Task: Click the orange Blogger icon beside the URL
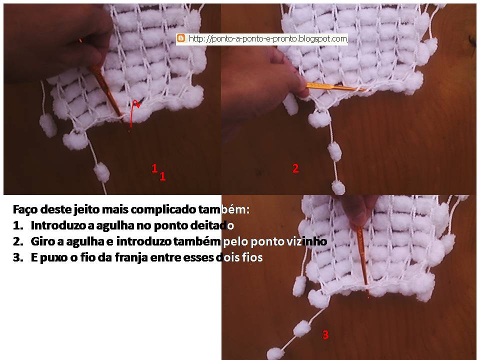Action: pyautogui.click(x=181, y=38)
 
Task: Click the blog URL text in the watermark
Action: pyautogui.click(x=267, y=39)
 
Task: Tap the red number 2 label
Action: pyautogui.click(x=295, y=168)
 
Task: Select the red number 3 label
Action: pyautogui.click(x=325, y=334)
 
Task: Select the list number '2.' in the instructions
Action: pyautogui.click(x=18, y=241)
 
